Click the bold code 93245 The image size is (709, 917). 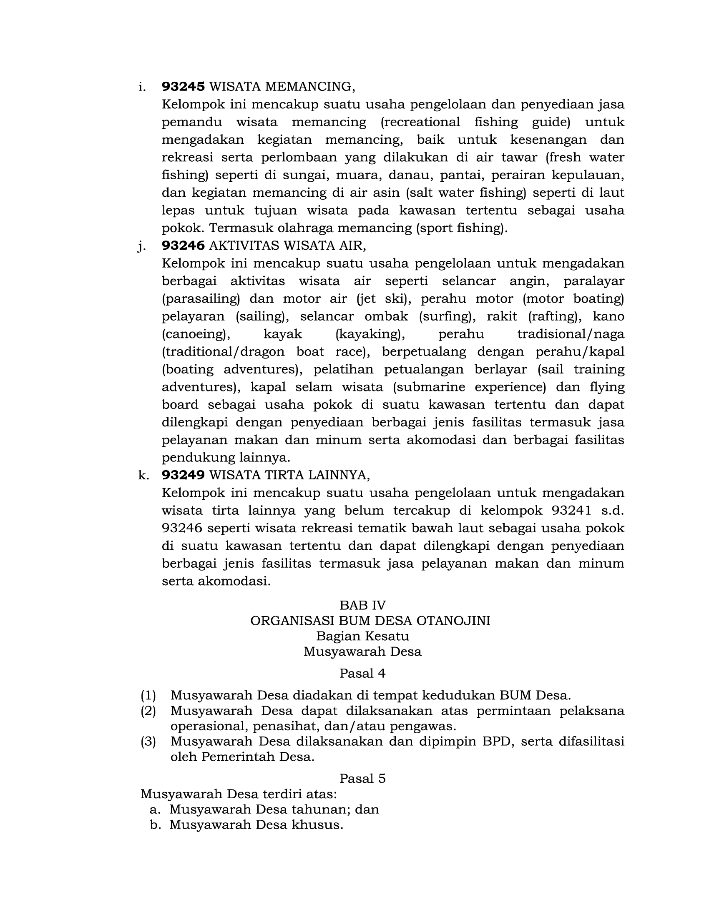183,87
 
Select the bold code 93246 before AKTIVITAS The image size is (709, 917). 183,245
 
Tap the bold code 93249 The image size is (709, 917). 183,475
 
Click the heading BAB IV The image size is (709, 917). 362,605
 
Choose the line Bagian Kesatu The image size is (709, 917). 362,636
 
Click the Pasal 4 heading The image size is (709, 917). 362,674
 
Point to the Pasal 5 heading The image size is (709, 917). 362,779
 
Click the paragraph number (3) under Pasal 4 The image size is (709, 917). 148,741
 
